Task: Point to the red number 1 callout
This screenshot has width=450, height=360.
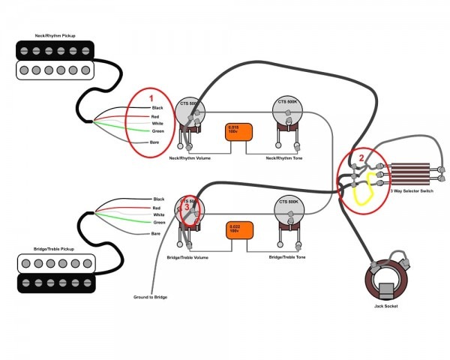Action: click(150, 99)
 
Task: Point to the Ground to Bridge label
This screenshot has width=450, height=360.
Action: click(150, 298)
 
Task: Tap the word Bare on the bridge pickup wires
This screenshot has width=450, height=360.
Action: click(156, 234)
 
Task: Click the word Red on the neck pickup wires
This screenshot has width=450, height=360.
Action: click(156, 118)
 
